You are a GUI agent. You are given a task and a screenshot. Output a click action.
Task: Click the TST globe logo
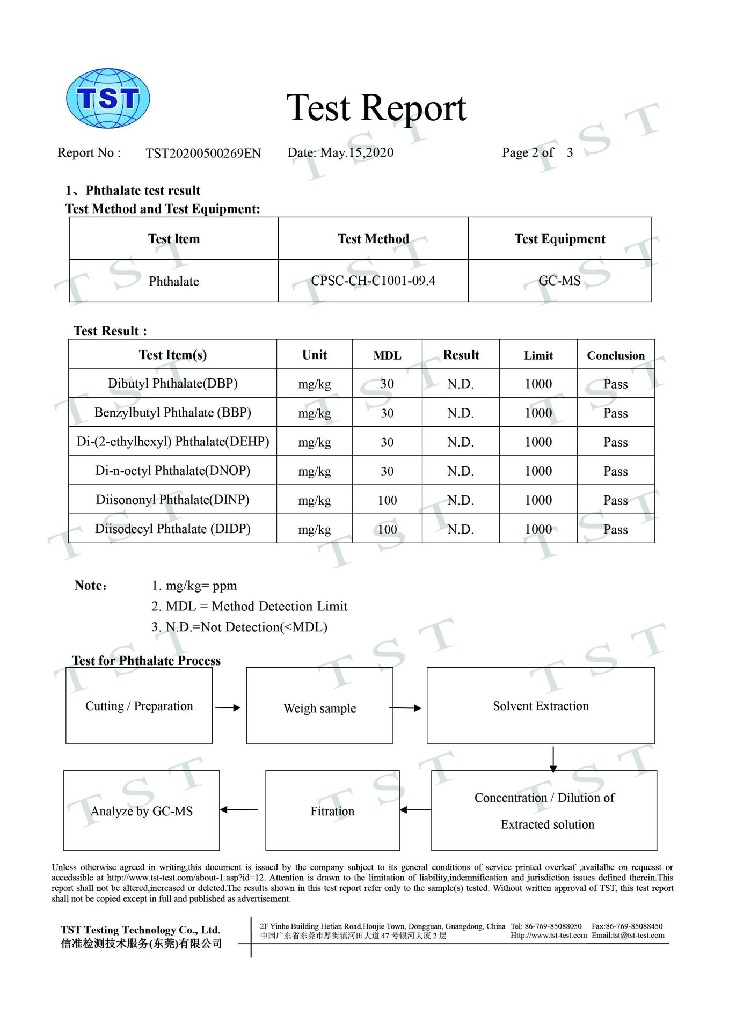(107, 99)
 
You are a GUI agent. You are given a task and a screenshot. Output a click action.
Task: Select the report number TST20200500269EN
(203, 154)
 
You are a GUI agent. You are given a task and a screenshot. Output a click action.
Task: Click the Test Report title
(376, 108)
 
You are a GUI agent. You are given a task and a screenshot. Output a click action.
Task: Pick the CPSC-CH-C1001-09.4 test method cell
(373, 281)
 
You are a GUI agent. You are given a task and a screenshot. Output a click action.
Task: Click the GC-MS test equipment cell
(559, 281)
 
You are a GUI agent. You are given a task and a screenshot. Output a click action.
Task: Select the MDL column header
(387, 355)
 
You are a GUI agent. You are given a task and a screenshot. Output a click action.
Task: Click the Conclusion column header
(615, 355)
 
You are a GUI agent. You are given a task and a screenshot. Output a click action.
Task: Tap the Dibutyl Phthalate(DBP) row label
(172, 383)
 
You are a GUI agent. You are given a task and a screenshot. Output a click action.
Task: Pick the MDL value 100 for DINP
(387, 500)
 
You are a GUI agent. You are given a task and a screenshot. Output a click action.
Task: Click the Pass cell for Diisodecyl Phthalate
(615, 529)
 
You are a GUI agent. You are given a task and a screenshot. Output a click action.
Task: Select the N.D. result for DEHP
(460, 442)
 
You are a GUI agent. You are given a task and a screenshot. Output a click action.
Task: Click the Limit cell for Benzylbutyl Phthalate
(538, 413)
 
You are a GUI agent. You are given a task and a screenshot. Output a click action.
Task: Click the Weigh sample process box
(319, 706)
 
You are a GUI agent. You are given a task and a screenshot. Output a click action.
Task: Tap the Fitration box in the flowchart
(332, 810)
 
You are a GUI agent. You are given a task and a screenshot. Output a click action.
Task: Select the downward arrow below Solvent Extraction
(553, 758)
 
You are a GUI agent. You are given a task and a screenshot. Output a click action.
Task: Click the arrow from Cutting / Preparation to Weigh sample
(228, 707)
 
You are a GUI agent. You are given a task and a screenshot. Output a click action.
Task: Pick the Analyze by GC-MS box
(141, 810)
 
